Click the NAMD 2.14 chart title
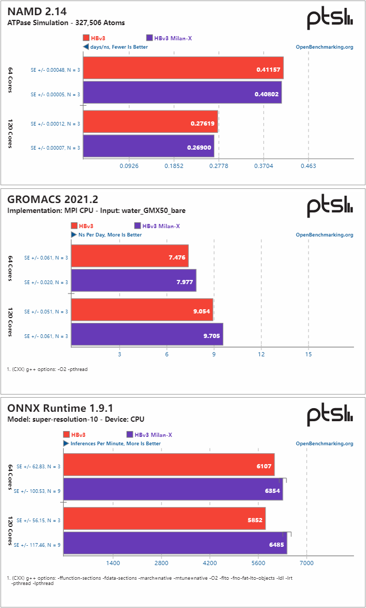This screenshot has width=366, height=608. tap(37, 11)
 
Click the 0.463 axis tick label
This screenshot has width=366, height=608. tap(308, 166)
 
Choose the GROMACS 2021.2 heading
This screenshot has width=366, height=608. tap(52, 199)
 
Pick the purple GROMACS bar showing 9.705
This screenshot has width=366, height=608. tap(147, 334)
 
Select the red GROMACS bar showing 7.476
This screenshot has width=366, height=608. tap(130, 256)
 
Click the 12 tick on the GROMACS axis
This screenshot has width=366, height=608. tap(261, 354)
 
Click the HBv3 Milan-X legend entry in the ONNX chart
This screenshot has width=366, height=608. tap(150, 435)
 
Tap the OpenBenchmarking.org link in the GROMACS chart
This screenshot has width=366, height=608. tap(324, 235)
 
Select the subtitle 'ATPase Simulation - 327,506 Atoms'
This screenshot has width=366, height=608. tap(66, 22)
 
